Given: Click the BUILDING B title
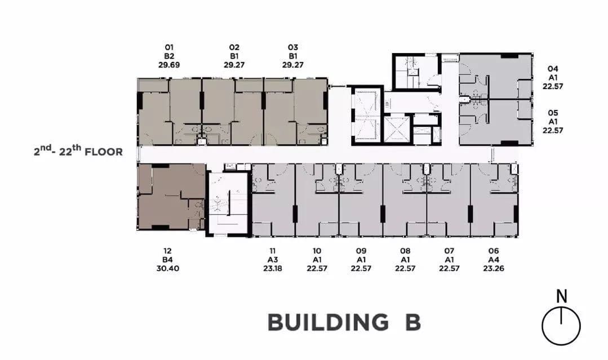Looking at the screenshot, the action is click(x=344, y=322).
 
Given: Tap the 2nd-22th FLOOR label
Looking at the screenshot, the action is click(x=78, y=150).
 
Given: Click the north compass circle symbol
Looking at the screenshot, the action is click(x=561, y=326).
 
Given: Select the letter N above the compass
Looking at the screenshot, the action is click(x=561, y=296).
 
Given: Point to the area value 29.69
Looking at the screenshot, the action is click(x=169, y=65).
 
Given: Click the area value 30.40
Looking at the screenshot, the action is click(x=167, y=268).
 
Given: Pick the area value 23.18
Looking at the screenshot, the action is click(x=273, y=268).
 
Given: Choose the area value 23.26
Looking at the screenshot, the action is click(x=494, y=268).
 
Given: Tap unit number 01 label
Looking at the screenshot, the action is click(x=169, y=47).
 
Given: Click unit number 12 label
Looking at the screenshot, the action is click(x=167, y=251).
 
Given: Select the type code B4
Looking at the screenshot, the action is click(x=167, y=260).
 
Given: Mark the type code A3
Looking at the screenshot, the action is click(x=273, y=260).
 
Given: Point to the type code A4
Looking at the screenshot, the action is click(x=494, y=260).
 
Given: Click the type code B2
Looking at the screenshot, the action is click(x=169, y=56).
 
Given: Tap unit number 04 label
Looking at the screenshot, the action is click(x=553, y=69).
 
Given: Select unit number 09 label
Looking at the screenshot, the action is click(x=361, y=251).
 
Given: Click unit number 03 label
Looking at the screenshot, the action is click(x=293, y=47).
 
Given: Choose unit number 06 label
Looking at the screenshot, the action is click(x=494, y=251).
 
